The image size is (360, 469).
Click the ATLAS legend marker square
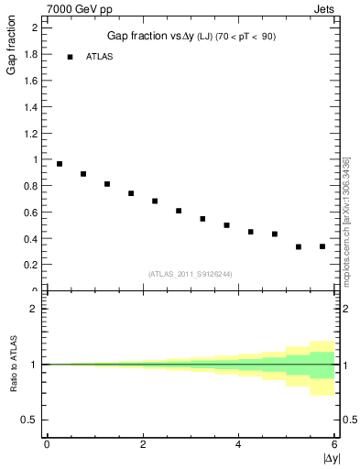70,57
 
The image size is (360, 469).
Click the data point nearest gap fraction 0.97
60,164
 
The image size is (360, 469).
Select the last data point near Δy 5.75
322,246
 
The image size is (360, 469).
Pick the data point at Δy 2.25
155,201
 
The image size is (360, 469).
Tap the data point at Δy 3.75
226,224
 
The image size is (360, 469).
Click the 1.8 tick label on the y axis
29,54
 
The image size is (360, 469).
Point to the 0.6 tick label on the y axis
29,213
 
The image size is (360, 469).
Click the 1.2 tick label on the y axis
29,133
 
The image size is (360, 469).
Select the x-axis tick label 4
238,445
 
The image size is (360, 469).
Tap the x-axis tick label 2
142,445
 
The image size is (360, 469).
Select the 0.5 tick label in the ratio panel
29,420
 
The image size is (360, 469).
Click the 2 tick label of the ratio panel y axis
34,309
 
